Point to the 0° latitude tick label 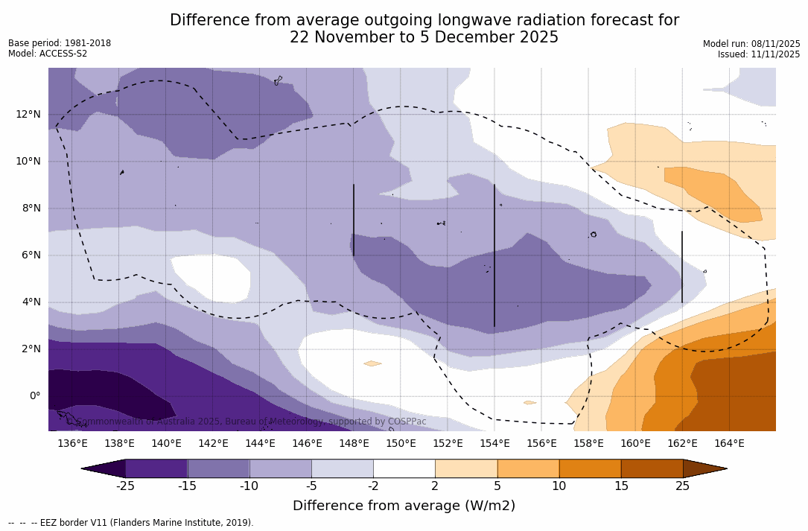pyautogui.click(x=34, y=396)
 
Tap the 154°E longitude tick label pyautogui.click(x=494, y=444)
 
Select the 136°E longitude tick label pyautogui.click(x=72, y=444)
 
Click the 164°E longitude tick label pyautogui.click(x=729, y=444)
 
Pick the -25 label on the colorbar pyautogui.click(x=125, y=486)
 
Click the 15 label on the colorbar pyautogui.click(x=620, y=486)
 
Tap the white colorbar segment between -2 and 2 pyautogui.click(x=404, y=468)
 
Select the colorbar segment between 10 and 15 pyautogui.click(x=589, y=468)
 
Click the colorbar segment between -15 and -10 pyautogui.click(x=218, y=468)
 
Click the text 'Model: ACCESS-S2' pyautogui.click(x=48, y=54)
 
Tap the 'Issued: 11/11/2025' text pyautogui.click(x=759, y=54)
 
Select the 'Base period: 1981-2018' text pyautogui.click(x=60, y=43)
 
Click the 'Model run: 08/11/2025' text pyautogui.click(x=751, y=44)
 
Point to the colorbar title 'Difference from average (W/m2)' pyautogui.click(x=404, y=506)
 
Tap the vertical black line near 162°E pyautogui.click(x=682, y=267)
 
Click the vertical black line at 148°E pyautogui.click(x=354, y=220)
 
